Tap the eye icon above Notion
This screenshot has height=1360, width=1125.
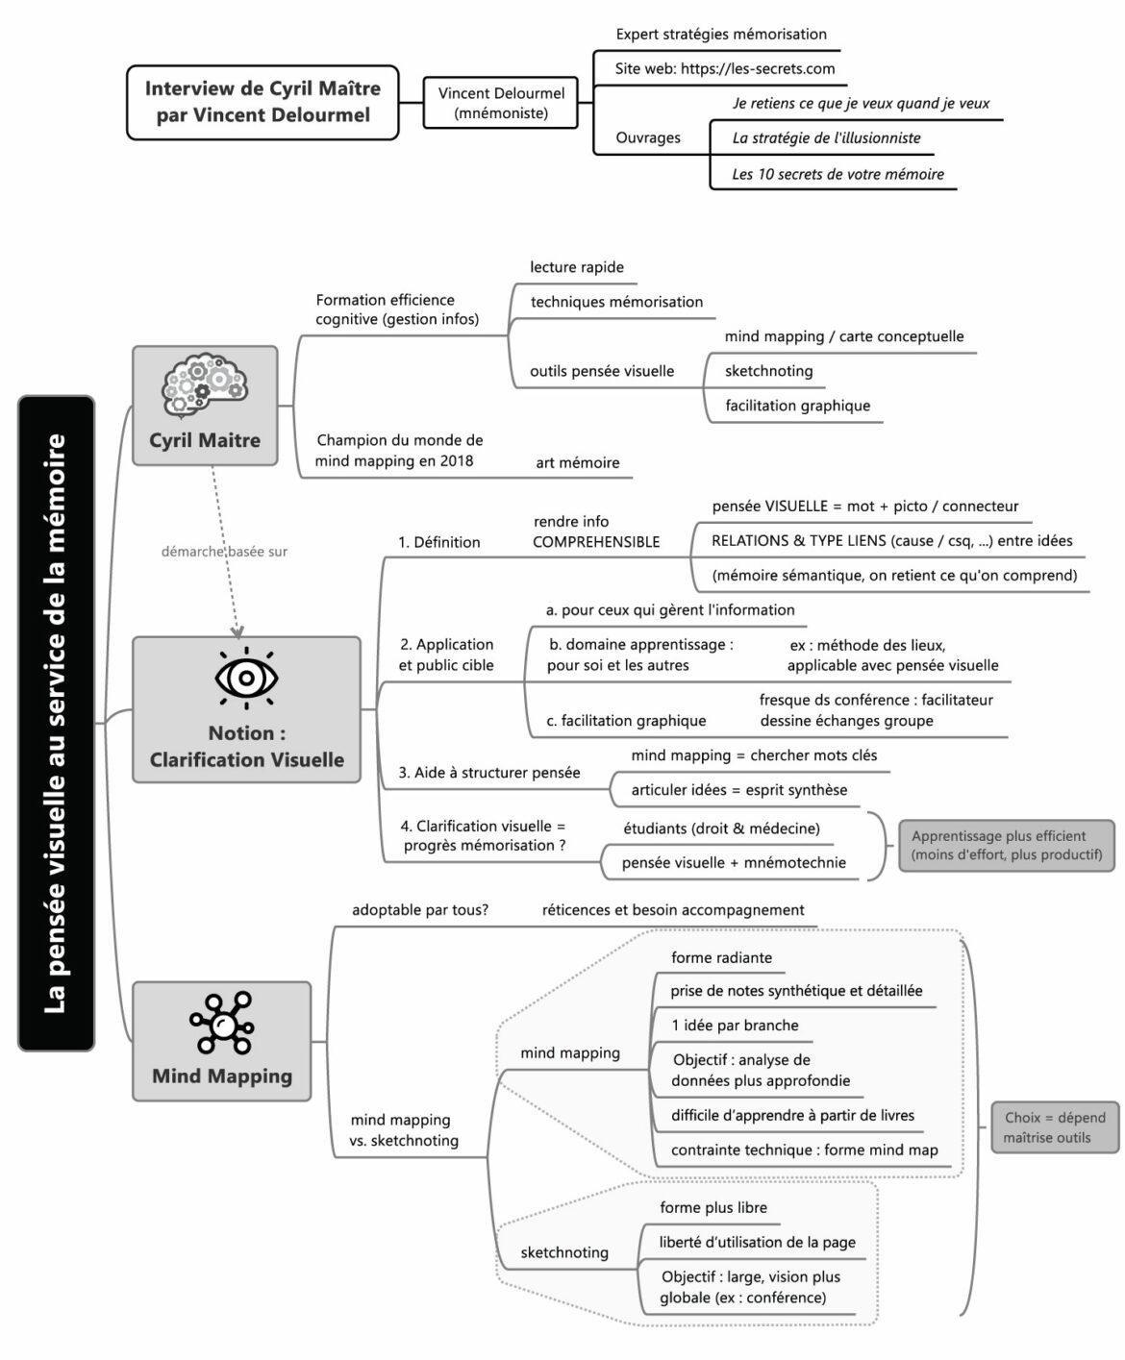[x=246, y=678]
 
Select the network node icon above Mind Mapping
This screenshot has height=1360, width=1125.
[x=221, y=1025]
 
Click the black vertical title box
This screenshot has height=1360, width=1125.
[x=56, y=723]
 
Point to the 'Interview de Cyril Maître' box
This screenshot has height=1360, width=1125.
[x=262, y=102]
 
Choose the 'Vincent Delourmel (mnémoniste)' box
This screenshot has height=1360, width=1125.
[x=501, y=103]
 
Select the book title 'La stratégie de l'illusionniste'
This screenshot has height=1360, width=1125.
[x=826, y=138]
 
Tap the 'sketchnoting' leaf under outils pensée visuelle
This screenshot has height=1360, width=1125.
[x=768, y=371]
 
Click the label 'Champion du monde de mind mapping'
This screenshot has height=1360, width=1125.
[x=399, y=450]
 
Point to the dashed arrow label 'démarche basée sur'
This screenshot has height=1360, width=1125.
[x=224, y=552]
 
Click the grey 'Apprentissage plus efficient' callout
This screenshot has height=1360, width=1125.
[x=1006, y=845]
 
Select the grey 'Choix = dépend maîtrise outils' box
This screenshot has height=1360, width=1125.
[x=1055, y=1127]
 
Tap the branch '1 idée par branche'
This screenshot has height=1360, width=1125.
[x=735, y=1026]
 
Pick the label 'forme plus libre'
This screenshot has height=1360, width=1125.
[x=712, y=1208]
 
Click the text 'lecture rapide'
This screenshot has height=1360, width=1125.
[x=577, y=267]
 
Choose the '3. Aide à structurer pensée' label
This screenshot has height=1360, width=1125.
[x=489, y=773]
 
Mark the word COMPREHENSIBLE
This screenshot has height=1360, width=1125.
[x=596, y=542]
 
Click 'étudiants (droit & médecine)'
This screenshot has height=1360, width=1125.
[x=721, y=828]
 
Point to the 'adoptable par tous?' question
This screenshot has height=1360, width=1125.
[x=420, y=910]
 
